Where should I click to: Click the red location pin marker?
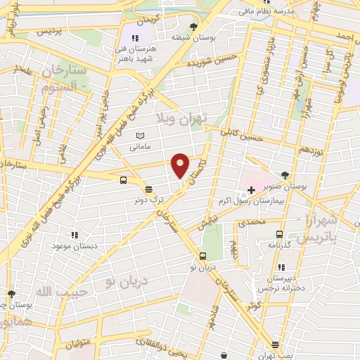[x=181, y=165]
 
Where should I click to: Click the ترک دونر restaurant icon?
[x=148, y=188]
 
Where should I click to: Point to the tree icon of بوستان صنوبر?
[x=285, y=175]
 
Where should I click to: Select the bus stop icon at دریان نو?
[x=202, y=256]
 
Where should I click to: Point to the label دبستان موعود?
[x=75, y=246]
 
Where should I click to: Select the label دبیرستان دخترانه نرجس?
[x=281, y=283]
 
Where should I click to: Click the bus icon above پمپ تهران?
[x=274, y=345]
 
